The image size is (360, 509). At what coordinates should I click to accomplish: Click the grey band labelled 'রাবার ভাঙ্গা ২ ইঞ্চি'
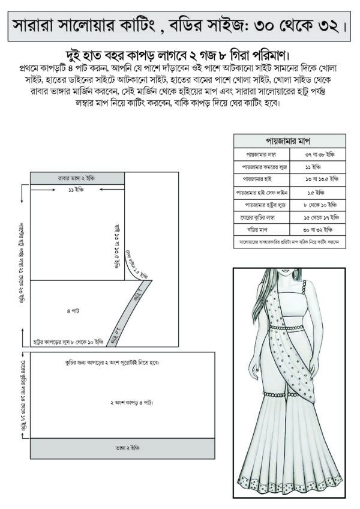[77, 178]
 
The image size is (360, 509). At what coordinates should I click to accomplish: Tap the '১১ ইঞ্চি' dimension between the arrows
[75, 190]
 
